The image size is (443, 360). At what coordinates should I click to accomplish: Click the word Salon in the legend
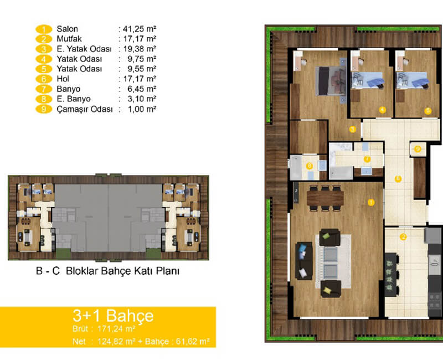click(67, 29)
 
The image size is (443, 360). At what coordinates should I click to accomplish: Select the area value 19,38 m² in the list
click(140, 49)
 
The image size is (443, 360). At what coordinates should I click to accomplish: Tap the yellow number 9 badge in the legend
click(44, 109)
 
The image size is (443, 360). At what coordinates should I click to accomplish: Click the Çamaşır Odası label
click(85, 109)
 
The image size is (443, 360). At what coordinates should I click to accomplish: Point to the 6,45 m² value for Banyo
click(142, 89)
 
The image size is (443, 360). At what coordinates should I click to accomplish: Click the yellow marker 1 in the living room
click(371, 202)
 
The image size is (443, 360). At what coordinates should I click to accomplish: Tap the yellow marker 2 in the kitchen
click(403, 236)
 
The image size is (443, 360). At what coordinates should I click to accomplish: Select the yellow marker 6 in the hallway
click(398, 178)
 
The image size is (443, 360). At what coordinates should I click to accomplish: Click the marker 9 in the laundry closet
click(418, 149)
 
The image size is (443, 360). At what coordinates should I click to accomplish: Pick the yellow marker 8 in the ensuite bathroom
click(310, 166)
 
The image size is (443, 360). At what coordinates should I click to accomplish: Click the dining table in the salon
click(325, 198)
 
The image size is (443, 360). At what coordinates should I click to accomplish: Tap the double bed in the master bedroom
click(331, 81)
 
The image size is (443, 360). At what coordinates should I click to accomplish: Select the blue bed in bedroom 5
click(413, 80)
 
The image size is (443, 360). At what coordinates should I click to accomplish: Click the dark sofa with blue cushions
click(304, 260)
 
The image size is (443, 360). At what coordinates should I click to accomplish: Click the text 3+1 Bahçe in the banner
click(113, 316)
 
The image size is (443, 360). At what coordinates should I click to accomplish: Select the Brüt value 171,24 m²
click(116, 329)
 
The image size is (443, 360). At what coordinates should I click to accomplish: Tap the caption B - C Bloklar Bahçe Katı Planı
click(107, 271)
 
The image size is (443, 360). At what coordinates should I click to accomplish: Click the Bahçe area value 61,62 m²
click(193, 342)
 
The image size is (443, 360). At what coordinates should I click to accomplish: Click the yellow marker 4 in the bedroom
click(383, 110)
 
